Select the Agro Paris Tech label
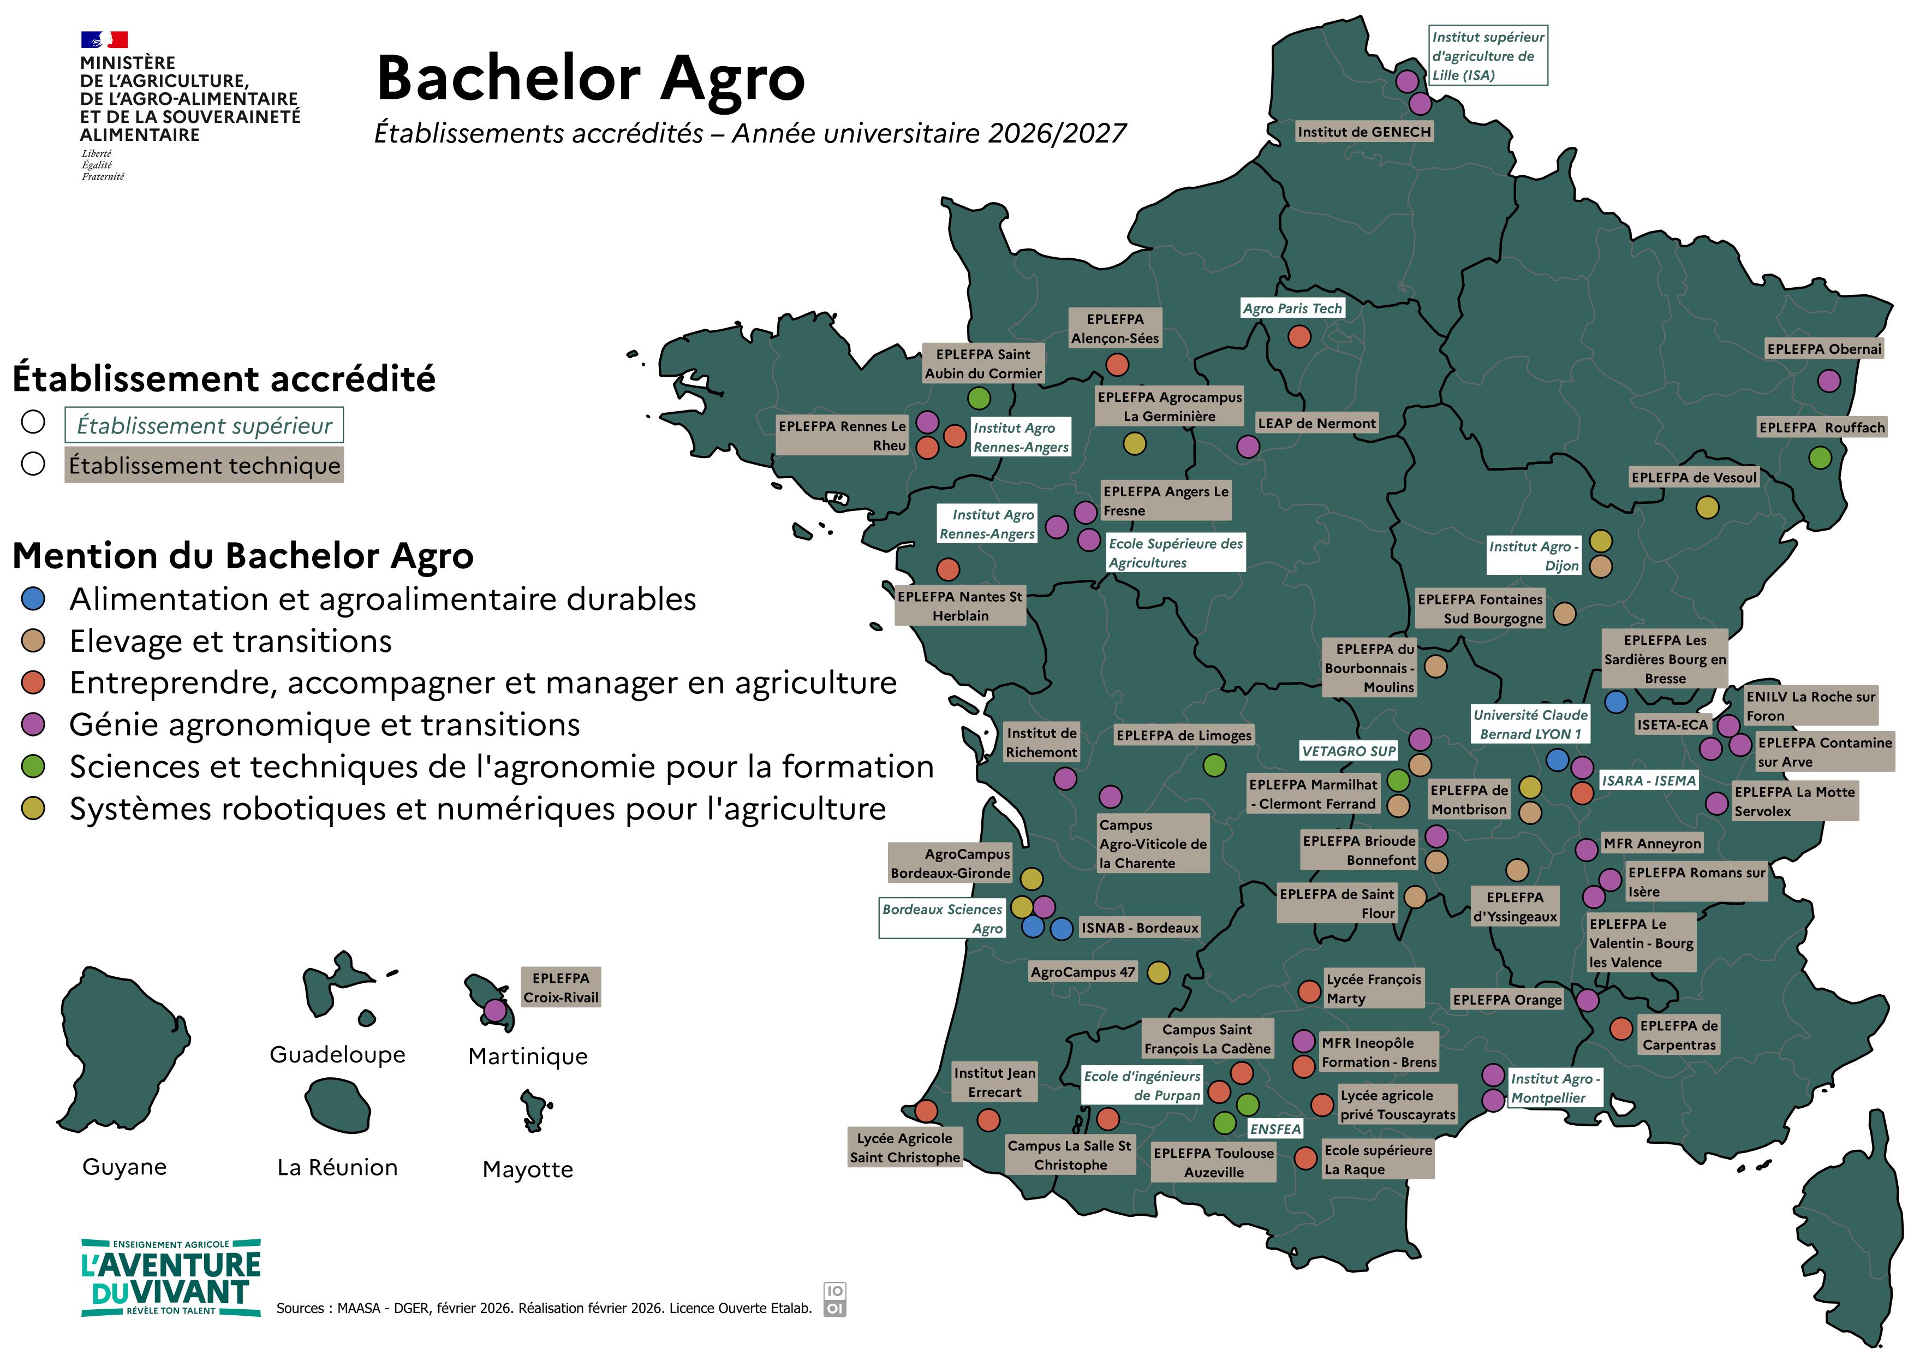1292,308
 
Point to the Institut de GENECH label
1364,132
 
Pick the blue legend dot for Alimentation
33,598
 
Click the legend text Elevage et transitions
230,641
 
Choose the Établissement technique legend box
204,465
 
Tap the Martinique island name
528,1056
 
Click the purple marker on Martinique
495,1011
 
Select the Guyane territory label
124,1166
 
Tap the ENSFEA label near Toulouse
1274,1129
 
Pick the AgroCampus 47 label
1082,972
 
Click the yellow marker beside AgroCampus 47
1158,972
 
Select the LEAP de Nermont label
1316,424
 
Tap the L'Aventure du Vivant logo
171,1278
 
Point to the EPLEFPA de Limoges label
1184,735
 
